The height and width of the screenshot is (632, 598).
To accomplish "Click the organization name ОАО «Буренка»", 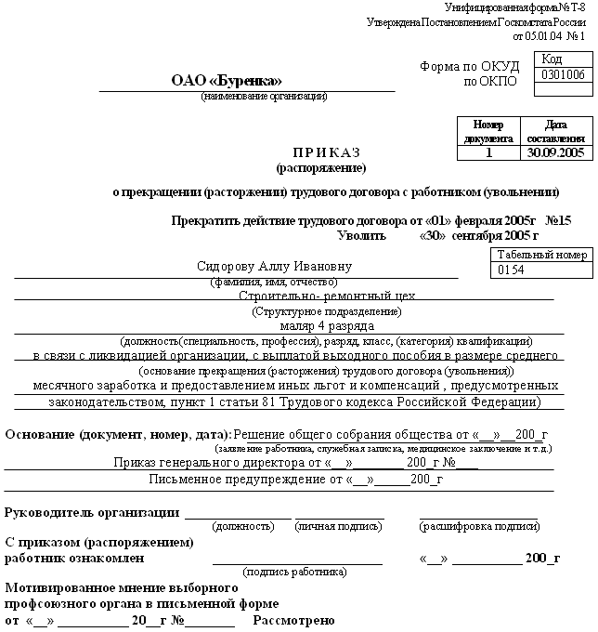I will click(x=226, y=81).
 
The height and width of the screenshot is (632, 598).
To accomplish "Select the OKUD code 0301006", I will click(x=563, y=74).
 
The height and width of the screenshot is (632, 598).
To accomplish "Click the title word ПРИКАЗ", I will click(x=326, y=152).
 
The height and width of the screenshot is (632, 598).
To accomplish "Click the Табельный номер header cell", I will click(x=542, y=254).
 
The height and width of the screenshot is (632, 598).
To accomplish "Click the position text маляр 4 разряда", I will click(x=327, y=326).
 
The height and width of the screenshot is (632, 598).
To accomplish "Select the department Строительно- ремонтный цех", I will click(x=327, y=296).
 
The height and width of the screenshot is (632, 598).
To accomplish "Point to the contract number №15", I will click(x=559, y=221).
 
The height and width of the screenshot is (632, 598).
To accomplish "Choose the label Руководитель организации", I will click(x=93, y=512).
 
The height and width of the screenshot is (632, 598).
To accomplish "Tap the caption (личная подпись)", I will click(x=339, y=526).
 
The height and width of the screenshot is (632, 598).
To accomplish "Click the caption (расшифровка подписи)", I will click(x=478, y=526).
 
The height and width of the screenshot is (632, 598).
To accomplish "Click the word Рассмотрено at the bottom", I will click(x=294, y=620).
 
